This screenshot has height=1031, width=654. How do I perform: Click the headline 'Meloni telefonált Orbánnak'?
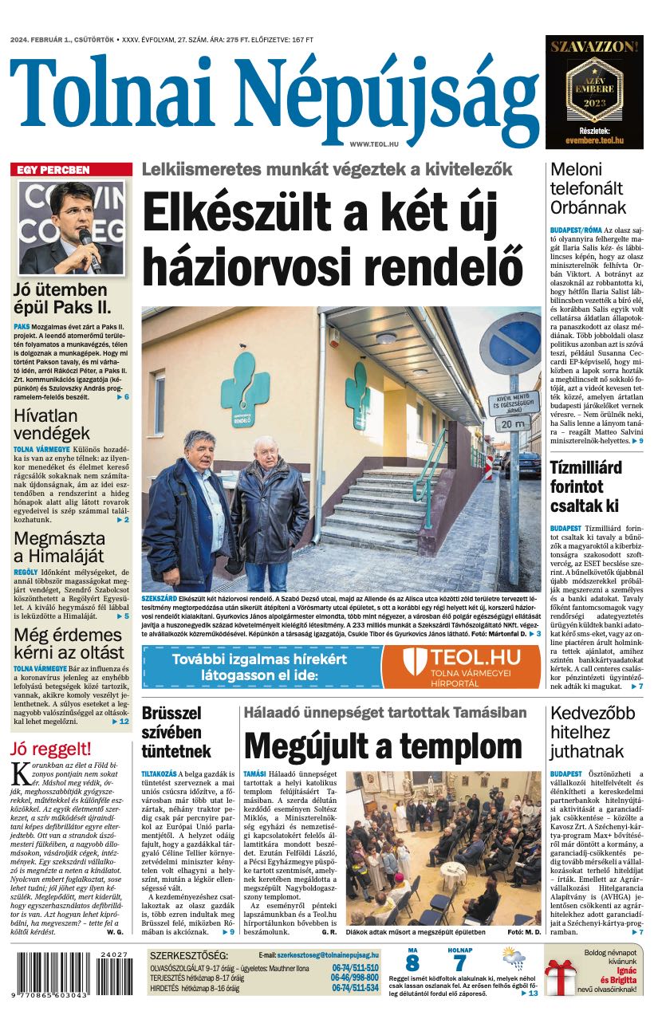586,189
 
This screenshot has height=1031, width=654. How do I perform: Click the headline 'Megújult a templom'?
383,746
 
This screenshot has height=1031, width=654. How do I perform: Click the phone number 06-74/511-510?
355,968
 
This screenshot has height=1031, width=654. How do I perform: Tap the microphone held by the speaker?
85,239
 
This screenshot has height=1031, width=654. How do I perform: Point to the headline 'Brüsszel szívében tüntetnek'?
176,731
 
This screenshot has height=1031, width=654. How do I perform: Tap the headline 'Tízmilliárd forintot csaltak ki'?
585,486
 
